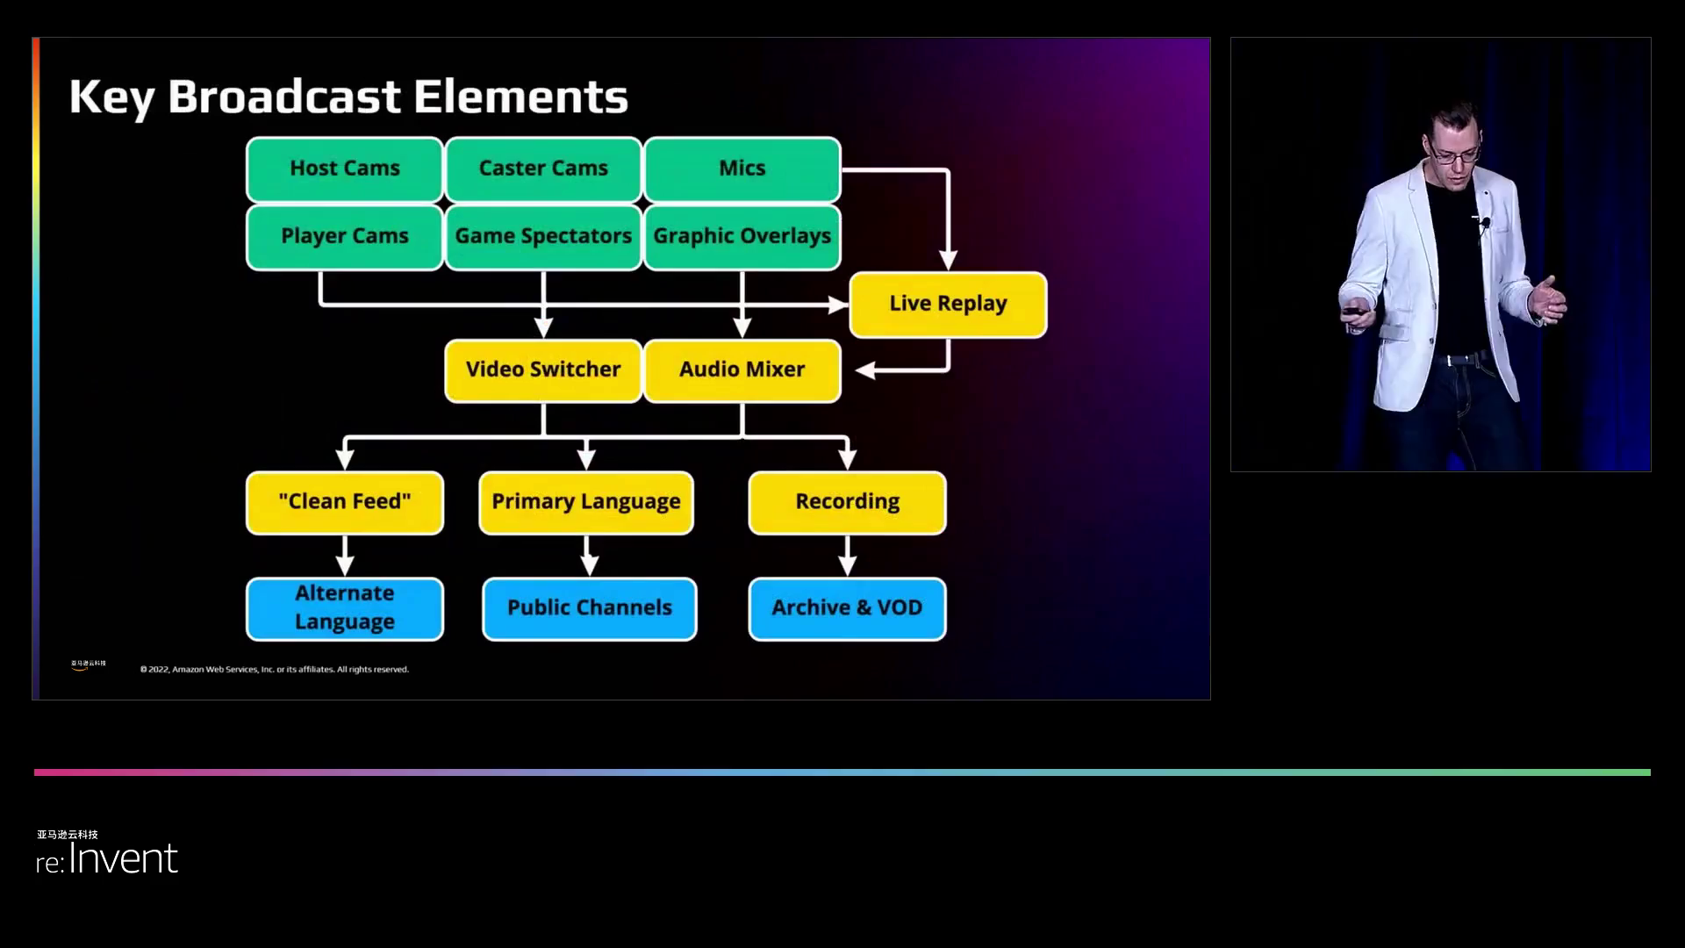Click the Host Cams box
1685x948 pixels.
click(344, 169)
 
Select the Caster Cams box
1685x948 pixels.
click(543, 169)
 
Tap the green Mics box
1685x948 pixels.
click(742, 169)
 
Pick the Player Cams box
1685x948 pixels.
click(344, 236)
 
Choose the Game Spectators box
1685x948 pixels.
click(543, 236)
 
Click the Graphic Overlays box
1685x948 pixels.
click(742, 236)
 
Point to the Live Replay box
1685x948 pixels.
click(948, 304)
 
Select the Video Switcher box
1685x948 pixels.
click(543, 370)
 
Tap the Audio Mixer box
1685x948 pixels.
click(742, 370)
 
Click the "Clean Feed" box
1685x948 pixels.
click(344, 502)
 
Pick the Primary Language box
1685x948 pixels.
click(586, 502)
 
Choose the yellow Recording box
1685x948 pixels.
click(847, 502)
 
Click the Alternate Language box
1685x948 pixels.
click(344, 607)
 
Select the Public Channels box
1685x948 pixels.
click(590, 607)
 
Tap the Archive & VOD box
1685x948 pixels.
click(847, 607)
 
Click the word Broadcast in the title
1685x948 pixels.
click(284, 97)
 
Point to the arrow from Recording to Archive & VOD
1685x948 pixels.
click(847, 557)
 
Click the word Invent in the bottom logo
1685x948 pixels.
click(123, 858)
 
